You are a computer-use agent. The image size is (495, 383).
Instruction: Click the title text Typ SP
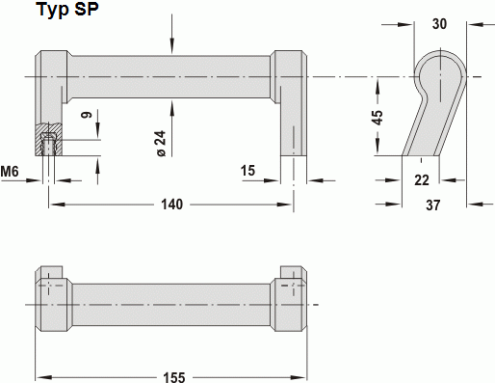[67, 10]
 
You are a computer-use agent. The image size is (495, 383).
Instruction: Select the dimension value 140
[171, 205]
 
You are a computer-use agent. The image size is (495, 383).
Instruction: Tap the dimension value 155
[174, 377]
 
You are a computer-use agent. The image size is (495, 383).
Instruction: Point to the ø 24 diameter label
[162, 144]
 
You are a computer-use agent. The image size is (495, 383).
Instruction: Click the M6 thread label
[10, 172]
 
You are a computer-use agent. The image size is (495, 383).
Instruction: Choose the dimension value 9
[87, 115]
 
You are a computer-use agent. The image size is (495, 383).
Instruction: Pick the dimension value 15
[247, 171]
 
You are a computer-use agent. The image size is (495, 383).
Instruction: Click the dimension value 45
[378, 118]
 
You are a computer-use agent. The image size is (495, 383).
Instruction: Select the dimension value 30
[439, 24]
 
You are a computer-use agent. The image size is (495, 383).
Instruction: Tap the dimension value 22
[422, 180]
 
